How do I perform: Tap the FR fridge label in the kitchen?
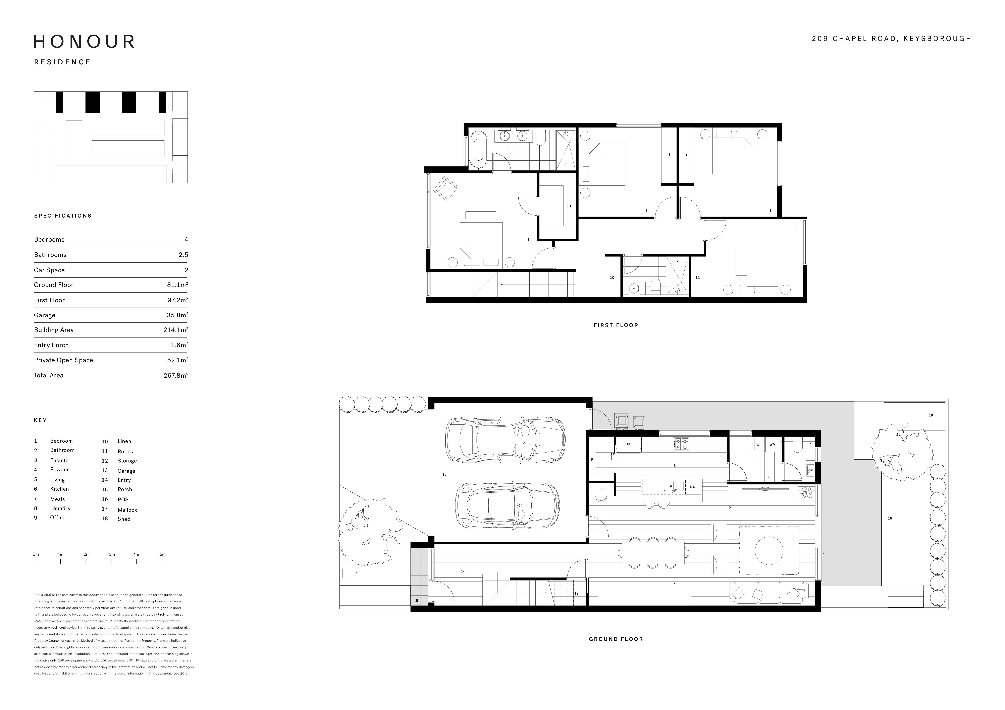pyautogui.click(x=628, y=445)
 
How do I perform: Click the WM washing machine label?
pyautogui.click(x=772, y=445)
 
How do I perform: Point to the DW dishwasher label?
pyautogui.click(x=692, y=487)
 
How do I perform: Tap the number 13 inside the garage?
pyautogui.click(x=444, y=474)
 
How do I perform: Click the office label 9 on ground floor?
pyautogui.click(x=601, y=489)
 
